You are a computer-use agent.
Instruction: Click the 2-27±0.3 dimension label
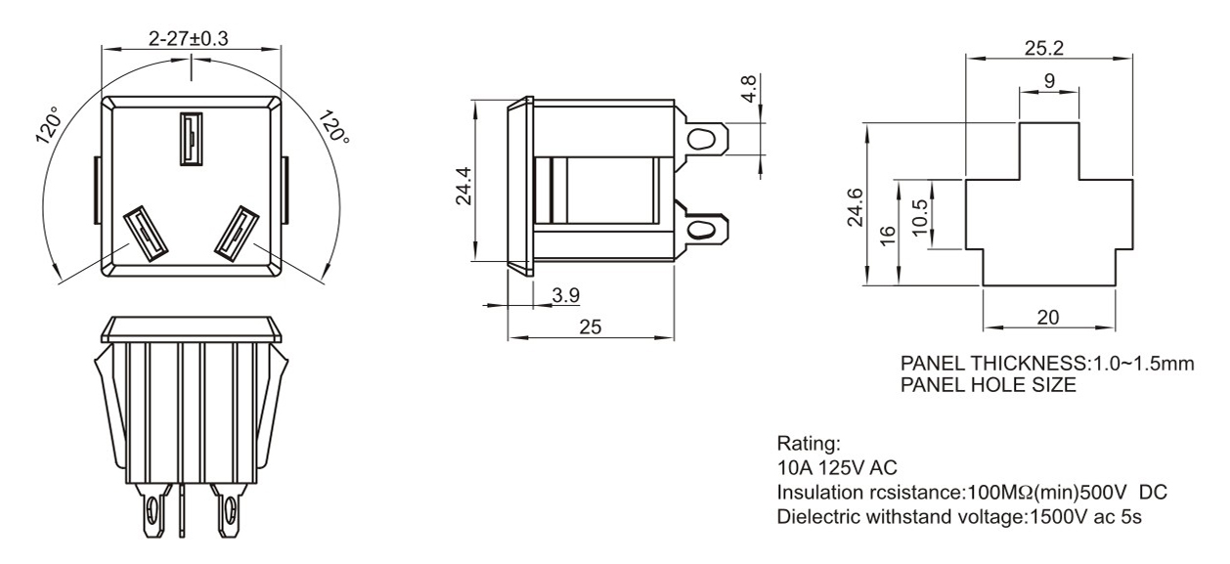pyautogui.click(x=190, y=38)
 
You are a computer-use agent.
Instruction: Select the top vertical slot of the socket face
pyautogui.click(x=190, y=138)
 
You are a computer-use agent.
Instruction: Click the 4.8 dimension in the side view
pyautogui.click(x=749, y=92)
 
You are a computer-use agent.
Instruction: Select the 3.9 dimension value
pyautogui.click(x=564, y=294)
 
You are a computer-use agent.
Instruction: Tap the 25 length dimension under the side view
pyautogui.click(x=591, y=327)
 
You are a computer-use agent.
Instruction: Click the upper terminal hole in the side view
pyautogui.click(x=699, y=140)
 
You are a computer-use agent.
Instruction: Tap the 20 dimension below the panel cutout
pyautogui.click(x=1047, y=317)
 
